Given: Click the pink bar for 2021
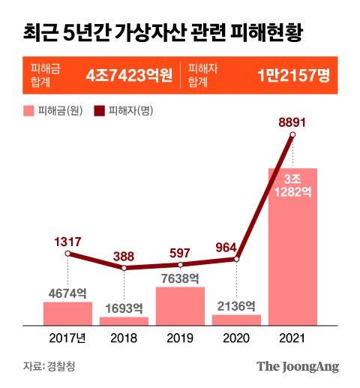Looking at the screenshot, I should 292,248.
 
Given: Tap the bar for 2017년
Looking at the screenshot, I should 67,314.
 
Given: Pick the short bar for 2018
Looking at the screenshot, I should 124,321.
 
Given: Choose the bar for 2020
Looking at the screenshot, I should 236,320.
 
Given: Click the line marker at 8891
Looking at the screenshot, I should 292,135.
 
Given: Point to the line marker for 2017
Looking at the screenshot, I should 67,254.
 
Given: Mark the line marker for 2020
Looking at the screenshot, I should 236,260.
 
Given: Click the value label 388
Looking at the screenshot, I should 124,255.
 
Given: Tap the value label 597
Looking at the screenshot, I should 180,251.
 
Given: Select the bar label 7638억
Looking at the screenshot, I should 180,278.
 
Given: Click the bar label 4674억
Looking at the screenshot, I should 67,293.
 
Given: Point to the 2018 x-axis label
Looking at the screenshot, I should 124,338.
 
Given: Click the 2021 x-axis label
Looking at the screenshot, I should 292,338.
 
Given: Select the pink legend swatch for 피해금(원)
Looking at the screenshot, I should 28,111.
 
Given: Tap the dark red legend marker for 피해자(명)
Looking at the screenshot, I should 99,111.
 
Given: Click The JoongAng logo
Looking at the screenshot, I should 298,367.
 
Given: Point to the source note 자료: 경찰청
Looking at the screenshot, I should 49,367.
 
